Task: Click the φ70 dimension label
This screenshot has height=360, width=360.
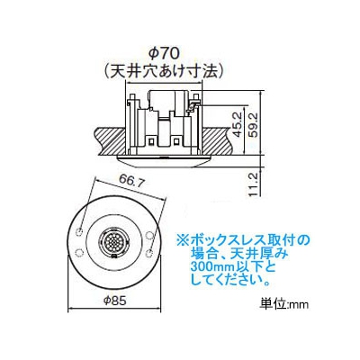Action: (x=164, y=54)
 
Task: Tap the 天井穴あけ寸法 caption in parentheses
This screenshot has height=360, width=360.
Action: (x=164, y=71)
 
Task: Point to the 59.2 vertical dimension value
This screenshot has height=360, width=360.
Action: (x=255, y=124)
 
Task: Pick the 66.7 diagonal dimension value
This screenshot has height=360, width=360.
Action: (x=130, y=182)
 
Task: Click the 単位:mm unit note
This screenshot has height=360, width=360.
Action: (x=283, y=304)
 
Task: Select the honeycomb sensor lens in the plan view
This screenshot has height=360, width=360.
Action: (x=113, y=241)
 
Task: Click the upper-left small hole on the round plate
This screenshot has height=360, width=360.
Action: (x=80, y=232)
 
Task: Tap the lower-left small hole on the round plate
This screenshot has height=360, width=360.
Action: (x=78, y=253)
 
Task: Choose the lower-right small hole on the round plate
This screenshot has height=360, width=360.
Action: (x=148, y=254)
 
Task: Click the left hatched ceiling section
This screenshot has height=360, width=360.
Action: (x=110, y=141)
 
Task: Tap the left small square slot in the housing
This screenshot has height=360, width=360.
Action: (x=151, y=140)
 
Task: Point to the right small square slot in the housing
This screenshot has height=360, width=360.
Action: (x=177, y=140)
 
